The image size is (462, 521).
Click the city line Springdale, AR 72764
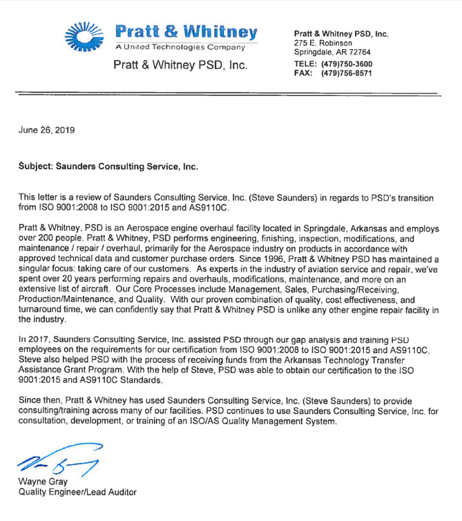(x=332, y=53)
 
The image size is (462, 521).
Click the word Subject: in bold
(x=39, y=167)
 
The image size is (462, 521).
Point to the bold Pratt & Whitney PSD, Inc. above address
(x=341, y=33)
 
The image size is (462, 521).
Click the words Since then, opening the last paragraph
(x=41, y=401)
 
